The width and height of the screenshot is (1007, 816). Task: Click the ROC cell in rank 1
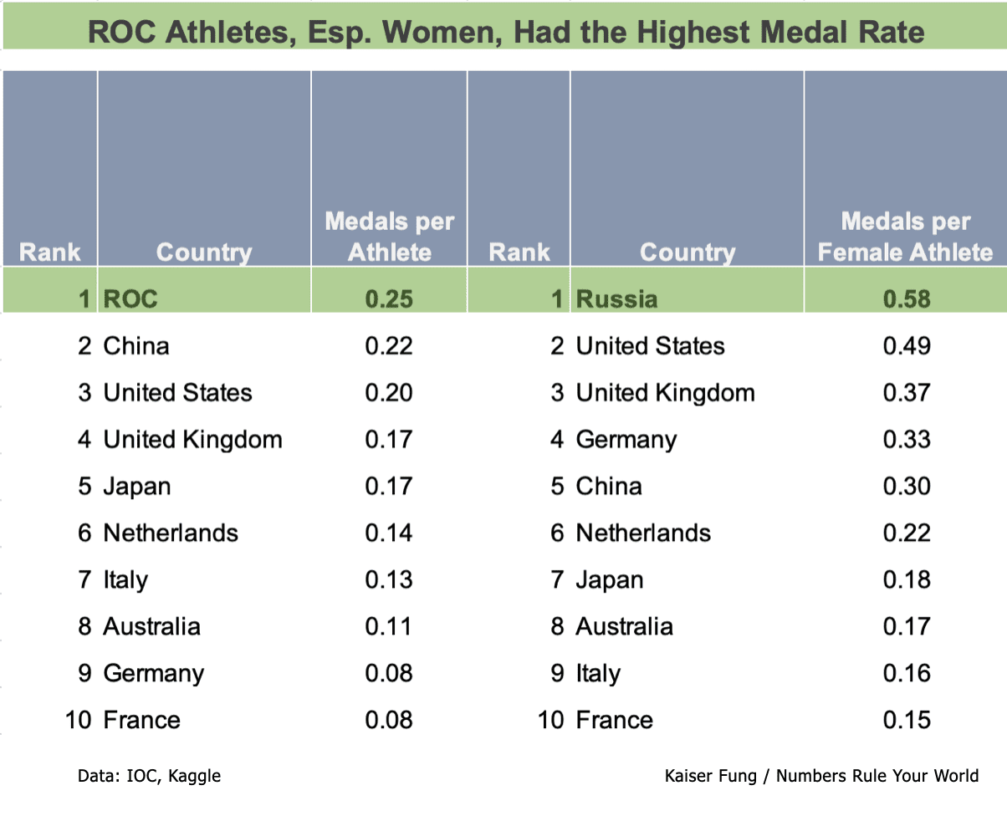point(130,299)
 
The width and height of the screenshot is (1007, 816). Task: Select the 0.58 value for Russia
point(907,299)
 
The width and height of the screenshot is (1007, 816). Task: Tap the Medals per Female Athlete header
point(905,237)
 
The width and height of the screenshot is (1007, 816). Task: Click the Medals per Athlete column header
point(389,237)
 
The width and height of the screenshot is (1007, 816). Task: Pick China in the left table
point(135,346)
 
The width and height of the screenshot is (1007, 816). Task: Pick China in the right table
point(609,487)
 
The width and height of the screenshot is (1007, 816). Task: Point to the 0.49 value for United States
point(907,346)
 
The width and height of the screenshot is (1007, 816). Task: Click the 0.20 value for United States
point(389,393)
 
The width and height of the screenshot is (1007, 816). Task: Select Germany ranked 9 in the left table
point(153,674)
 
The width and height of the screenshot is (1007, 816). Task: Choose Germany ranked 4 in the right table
point(626,440)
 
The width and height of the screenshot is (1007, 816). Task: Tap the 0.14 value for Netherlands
point(389,533)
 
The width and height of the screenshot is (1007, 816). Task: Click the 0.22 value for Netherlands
point(907,533)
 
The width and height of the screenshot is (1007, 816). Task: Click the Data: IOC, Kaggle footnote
point(149,776)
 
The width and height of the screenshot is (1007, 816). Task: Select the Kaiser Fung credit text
point(821,776)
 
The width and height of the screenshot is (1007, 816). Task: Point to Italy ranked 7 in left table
point(125,580)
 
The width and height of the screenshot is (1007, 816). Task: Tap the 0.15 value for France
point(907,720)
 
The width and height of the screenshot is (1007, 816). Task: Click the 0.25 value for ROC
point(389,299)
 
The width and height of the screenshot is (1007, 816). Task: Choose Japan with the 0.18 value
point(609,580)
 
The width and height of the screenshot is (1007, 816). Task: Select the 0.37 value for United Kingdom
point(907,393)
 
